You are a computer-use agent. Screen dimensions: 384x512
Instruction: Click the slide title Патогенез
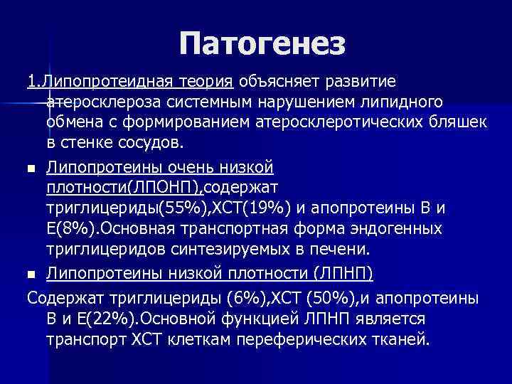click(x=262, y=44)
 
